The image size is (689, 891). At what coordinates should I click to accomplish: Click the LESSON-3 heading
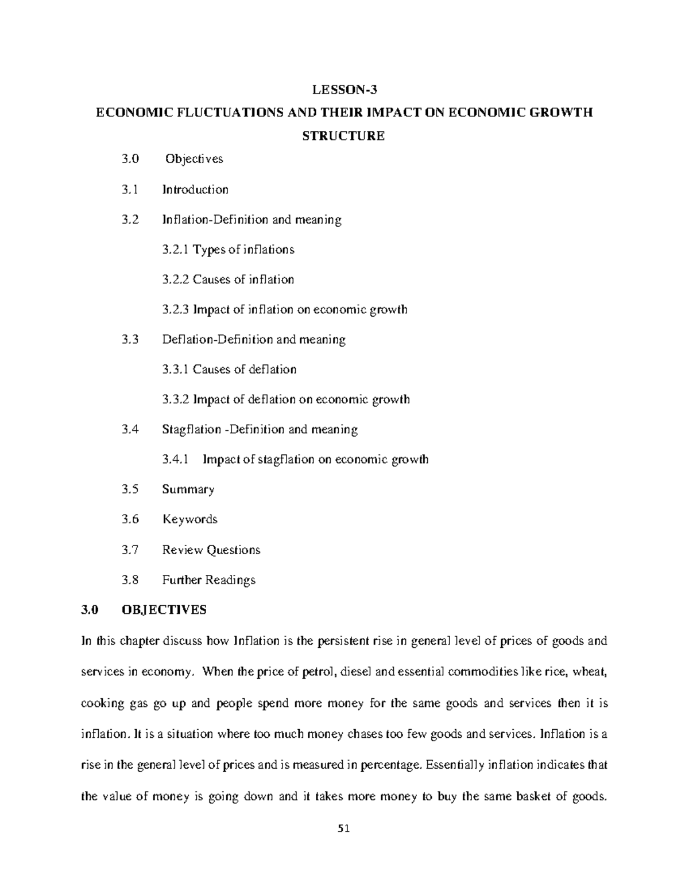pos(345,90)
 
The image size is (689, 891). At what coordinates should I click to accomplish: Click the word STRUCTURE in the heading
pos(344,136)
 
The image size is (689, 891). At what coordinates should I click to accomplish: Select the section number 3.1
pos(130,189)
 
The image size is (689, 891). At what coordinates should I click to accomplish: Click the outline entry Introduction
pos(195,189)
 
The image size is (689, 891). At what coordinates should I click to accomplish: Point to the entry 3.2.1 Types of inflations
pos(228,250)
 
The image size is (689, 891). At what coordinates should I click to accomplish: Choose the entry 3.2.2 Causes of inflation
pos(228,279)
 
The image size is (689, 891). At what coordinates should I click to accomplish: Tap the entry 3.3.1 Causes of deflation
pos(229,369)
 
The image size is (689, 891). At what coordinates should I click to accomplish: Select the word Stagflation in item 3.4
pos(192,429)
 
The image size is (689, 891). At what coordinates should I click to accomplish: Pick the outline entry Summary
pos(188,489)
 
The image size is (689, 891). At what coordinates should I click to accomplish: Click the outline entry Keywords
pos(190,519)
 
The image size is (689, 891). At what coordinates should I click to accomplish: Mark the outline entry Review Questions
pos(211,550)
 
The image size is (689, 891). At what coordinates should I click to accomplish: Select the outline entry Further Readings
pos(209,580)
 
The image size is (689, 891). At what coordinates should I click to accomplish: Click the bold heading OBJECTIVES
pos(164,610)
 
